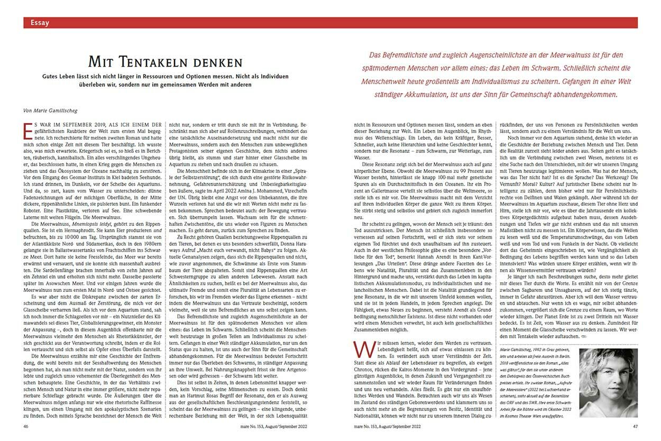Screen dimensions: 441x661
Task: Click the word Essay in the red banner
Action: pos(40,23)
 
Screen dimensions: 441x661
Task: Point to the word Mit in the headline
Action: pos(100,61)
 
